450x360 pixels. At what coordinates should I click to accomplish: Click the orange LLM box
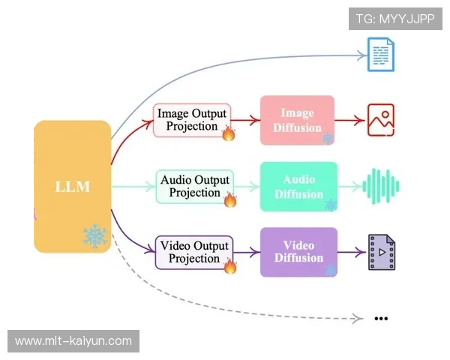click(72, 186)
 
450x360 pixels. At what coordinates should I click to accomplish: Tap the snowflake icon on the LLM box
click(94, 236)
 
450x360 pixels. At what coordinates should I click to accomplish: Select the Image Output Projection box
click(192, 120)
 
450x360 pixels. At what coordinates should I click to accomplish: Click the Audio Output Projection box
click(196, 186)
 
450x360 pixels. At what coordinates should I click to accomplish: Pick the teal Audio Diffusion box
click(298, 186)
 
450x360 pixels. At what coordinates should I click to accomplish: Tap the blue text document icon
click(380, 55)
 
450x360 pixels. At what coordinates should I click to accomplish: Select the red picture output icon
click(380, 120)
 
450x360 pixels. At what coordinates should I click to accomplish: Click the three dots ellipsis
click(381, 318)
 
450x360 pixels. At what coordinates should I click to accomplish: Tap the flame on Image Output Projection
click(229, 133)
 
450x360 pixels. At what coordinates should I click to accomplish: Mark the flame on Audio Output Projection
click(230, 199)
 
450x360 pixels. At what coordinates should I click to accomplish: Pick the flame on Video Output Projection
click(230, 265)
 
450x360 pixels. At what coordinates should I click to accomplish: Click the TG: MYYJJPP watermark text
click(395, 19)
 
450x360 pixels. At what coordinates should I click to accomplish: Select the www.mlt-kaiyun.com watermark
click(73, 341)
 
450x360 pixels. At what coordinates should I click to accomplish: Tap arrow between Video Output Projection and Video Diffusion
click(247, 252)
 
